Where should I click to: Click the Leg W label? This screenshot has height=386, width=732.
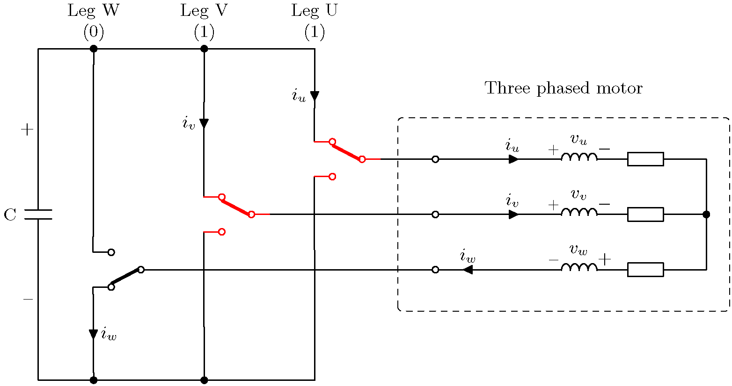pos(94,11)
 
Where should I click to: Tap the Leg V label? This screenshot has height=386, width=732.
pos(204,11)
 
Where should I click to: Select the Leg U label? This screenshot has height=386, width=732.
pos(314,11)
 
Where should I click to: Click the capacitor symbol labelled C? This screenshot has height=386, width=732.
pos(38,214)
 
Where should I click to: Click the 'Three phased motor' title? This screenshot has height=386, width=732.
pos(564,88)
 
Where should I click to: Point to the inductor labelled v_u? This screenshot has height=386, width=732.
pos(579,157)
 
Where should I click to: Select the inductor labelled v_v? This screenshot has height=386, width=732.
pos(579,212)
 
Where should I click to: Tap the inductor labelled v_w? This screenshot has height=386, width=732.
pos(579,267)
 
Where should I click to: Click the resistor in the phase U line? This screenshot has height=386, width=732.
pos(645,159)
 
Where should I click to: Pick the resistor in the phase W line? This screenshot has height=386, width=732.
pos(645,270)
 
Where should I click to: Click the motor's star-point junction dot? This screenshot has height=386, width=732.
pos(706,214)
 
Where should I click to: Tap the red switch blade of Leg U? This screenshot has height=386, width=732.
pos(347,150)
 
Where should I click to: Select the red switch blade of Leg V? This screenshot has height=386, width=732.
pos(236,206)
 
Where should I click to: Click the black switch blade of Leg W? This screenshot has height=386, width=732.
pos(126,278)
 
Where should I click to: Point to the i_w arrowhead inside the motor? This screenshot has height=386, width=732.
pos(467,270)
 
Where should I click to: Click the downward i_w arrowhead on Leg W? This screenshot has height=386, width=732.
pos(94,334)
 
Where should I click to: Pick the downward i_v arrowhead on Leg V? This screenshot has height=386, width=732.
pos(204,123)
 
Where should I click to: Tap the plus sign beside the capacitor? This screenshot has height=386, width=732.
pos(27,129)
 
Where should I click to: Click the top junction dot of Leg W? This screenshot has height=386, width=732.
pos(94,49)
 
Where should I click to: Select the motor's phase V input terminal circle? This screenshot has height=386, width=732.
pos(435,214)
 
